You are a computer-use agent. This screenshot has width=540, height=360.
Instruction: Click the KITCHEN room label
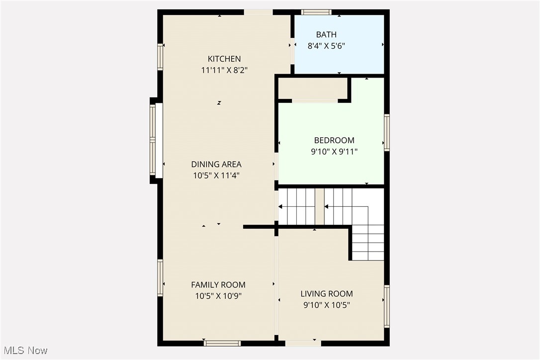(x=224, y=59)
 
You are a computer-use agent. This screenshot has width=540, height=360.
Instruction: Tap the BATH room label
(x=326, y=35)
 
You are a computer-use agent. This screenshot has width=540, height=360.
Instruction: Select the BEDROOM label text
(x=334, y=140)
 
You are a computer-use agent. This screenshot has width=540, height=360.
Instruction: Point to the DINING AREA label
(x=216, y=165)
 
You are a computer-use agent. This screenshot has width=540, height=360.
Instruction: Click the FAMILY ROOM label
(x=218, y=285)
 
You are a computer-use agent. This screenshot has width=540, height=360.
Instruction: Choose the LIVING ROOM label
(x=327, y=294)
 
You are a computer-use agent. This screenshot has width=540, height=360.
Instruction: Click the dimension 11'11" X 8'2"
(x=224, y=70)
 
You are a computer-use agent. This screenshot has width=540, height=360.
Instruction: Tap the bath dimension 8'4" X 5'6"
(x=326, y=46)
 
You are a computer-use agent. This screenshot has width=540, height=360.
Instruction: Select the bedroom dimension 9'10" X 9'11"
(x=334, y=151)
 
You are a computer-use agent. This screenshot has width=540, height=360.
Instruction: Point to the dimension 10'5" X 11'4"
(x=216, y=176)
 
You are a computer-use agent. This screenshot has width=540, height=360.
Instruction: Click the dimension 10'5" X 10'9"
(x=218, y=296)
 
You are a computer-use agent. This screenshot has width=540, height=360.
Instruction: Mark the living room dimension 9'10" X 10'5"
(x=327, y=305)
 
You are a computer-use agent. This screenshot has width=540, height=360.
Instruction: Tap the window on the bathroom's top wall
(x=316, y=12)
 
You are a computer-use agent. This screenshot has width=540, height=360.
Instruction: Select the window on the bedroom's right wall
(x=386, y=132)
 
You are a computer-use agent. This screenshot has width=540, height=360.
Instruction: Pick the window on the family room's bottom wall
(x=222, y=343)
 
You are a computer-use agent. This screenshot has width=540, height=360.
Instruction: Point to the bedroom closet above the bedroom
(x=312, y=89)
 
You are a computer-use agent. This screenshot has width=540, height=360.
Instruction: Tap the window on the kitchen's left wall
(x=160, y=57)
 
